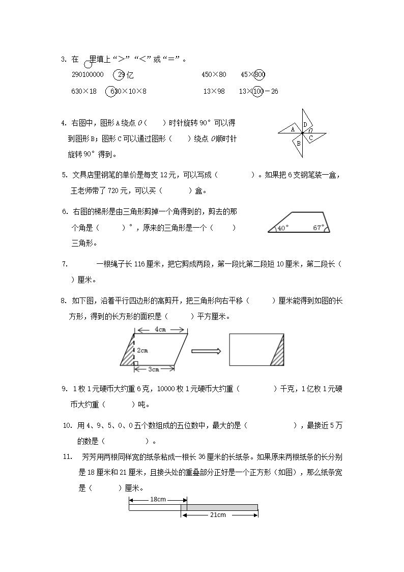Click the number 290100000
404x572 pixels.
point(88,75)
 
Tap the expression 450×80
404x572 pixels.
point(213,75)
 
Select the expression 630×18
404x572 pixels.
point(84,92)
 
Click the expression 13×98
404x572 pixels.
point(214,92)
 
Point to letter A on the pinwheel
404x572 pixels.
point(292,129)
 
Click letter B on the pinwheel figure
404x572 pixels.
point(299,144)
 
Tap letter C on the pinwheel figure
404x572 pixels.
point(311,138)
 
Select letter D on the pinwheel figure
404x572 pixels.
point(305,124)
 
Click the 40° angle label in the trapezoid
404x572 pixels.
point(283,228)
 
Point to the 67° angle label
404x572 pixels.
point(319,228)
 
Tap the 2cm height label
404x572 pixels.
point(142,350)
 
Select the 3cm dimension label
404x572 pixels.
point(153,369)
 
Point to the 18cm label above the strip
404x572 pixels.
point(158,500)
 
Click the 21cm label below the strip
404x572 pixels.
point(218,515)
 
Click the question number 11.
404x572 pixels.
point(67,457)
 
